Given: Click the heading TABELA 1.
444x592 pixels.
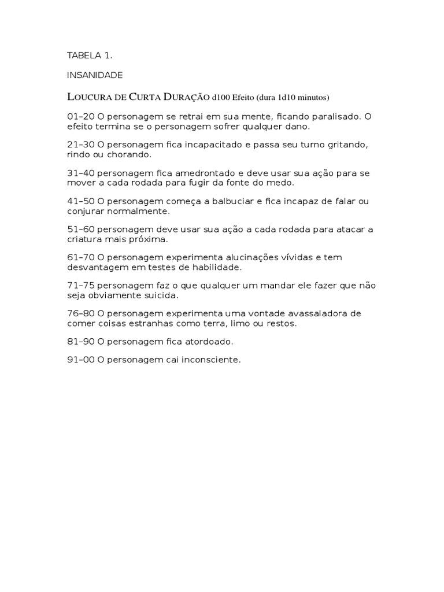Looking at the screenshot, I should [89, 56].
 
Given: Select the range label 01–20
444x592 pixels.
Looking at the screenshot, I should [81, 116].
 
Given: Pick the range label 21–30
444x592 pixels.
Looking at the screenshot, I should [81, 145].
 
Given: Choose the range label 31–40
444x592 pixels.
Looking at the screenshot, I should [81, 173].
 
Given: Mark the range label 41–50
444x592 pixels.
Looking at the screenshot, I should [81, 201].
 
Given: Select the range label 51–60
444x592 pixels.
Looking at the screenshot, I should [81, 230].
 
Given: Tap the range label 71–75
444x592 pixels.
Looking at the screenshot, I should [81, 286].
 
